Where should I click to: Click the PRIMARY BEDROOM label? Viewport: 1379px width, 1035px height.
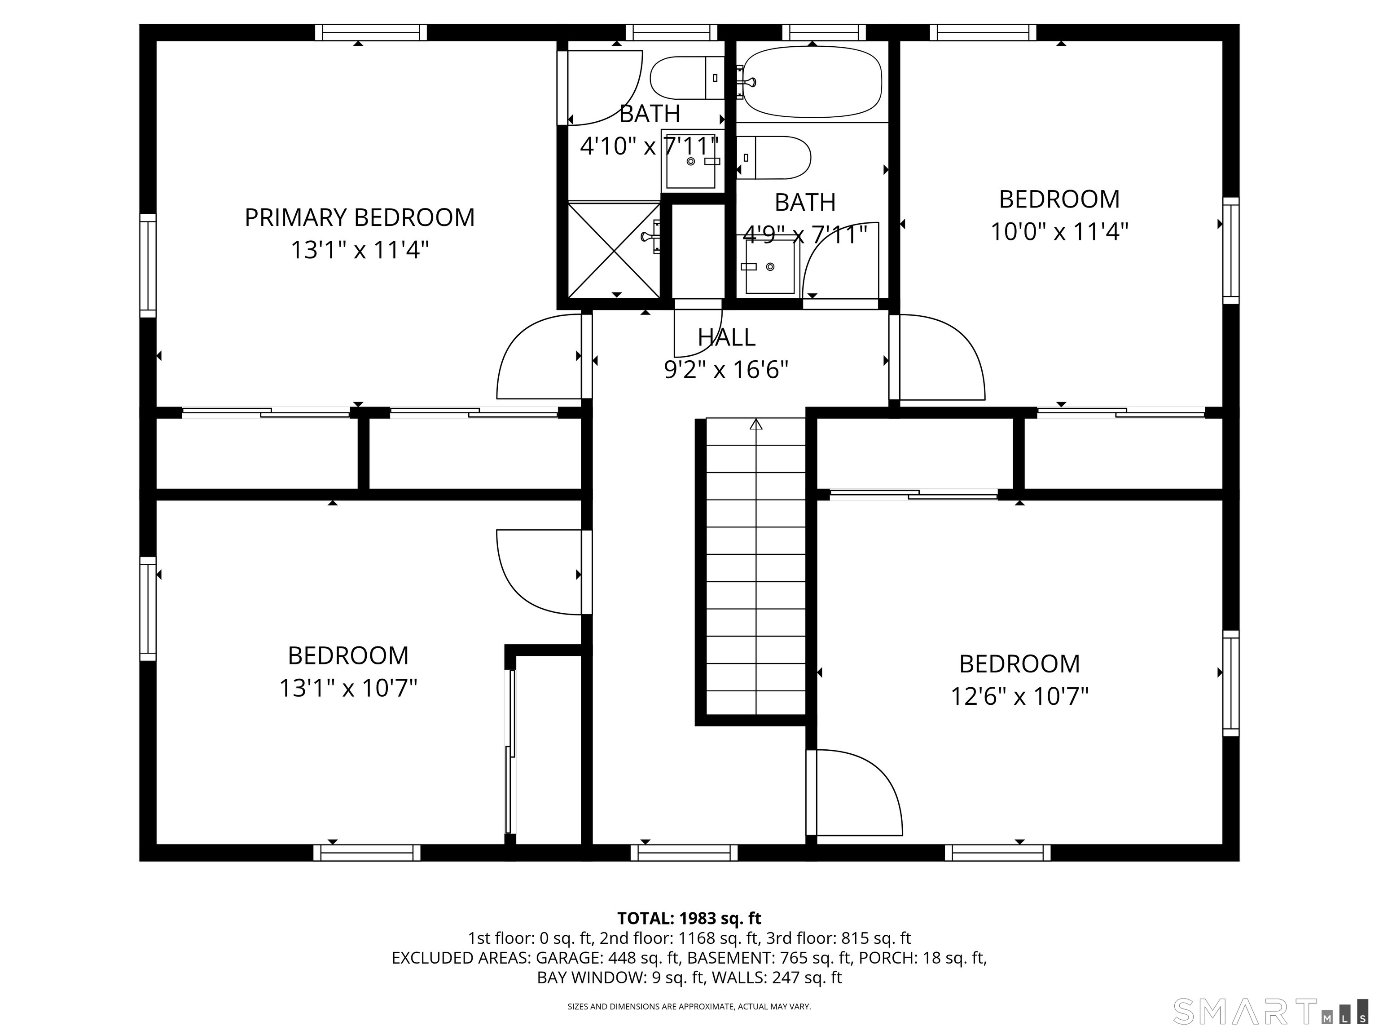[360, 218]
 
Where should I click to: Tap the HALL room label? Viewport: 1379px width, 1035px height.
[726, 337]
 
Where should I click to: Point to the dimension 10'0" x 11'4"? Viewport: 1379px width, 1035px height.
[1060, 232]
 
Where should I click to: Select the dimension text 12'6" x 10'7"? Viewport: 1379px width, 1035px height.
[1019, 696]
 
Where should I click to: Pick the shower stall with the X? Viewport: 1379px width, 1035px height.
[614, 250]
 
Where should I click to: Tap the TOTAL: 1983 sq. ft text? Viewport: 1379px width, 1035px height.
[689, 918]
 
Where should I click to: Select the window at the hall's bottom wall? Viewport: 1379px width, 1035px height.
[684, 853]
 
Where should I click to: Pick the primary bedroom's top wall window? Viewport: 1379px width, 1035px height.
[371, 32]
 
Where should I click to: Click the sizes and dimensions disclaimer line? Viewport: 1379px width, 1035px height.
[689, 1006]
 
